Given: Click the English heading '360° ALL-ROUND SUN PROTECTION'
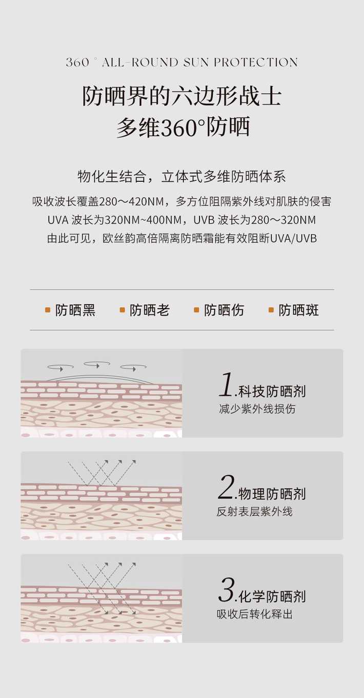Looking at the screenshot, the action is pos(182,62).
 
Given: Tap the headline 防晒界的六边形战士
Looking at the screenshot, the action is pos(182,96).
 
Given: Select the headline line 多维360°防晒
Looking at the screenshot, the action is pos(183,127).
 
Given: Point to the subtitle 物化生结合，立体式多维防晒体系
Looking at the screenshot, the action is pos(181,176).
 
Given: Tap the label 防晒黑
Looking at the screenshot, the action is pos(75,310).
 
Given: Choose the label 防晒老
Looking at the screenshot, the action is pos(150,310).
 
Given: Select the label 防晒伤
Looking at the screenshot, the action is pos(224,310).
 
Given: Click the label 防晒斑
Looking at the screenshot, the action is pos(298,310).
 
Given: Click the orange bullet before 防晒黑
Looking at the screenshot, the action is pos(48,310).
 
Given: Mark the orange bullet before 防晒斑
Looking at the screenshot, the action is pos(271,310).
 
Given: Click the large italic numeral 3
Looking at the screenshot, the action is pos(226,590).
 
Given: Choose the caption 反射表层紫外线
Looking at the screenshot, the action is pos(254,512).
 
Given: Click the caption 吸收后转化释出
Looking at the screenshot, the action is pos(254,614).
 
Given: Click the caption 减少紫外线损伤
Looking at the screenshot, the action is pos(257,409).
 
